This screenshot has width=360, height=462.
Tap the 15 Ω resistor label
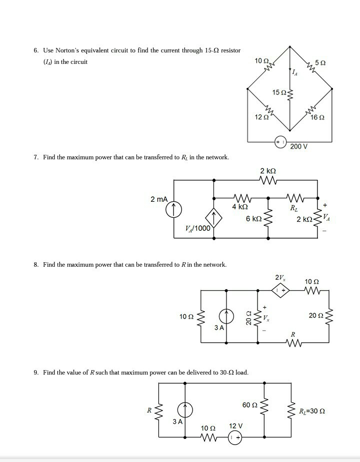tap(279, 92)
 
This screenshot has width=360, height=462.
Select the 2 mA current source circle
tap(173, 209)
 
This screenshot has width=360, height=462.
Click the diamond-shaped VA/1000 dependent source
tap(213, 218)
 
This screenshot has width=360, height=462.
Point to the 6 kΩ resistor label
tap(254, 219)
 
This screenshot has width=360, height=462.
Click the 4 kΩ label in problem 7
tap(239, 207)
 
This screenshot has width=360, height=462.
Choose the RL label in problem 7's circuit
tap(294, 208)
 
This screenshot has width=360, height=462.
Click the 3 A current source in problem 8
tap(226, 317)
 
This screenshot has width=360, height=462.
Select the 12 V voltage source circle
tap(235, 438)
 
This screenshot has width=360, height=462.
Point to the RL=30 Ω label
tap(312, 411)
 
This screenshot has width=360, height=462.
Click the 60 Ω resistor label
tap(249, 405)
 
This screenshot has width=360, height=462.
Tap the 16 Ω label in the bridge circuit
tap(317, 117)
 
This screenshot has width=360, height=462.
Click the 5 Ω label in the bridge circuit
tap(320, 63)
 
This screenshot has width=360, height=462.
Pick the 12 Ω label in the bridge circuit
tap(261, 117)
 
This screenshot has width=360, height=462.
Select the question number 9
tap(36, 373)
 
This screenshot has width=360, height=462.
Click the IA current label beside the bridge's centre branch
tap(294, 72)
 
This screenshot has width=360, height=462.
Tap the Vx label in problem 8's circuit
tap(266, 318)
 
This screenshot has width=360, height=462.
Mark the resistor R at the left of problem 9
tap(159, 410)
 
